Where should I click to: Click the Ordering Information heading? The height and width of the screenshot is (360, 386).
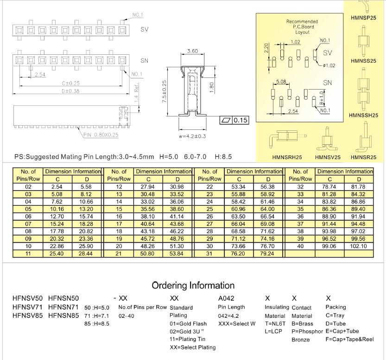193,285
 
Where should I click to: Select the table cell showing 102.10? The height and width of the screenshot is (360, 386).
359,246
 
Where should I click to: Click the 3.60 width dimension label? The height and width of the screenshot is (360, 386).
192,51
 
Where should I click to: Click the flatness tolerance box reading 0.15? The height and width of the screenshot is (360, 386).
234,121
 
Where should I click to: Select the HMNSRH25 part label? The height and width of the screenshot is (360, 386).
287,157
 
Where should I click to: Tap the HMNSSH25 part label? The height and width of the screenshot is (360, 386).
364,116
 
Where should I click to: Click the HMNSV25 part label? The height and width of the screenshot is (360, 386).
328,157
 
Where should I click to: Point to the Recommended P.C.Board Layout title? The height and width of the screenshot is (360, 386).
302,27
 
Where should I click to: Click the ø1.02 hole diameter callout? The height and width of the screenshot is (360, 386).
329,65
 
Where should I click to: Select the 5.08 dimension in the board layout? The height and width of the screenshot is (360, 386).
281,82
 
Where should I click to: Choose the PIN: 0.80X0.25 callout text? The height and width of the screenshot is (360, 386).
101,135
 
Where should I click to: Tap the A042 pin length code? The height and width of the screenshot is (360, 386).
227,298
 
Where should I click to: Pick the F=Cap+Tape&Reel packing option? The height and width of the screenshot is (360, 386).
349,339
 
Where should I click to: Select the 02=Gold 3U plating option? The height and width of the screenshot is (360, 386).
187,331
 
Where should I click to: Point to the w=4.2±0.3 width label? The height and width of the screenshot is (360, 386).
192,136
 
